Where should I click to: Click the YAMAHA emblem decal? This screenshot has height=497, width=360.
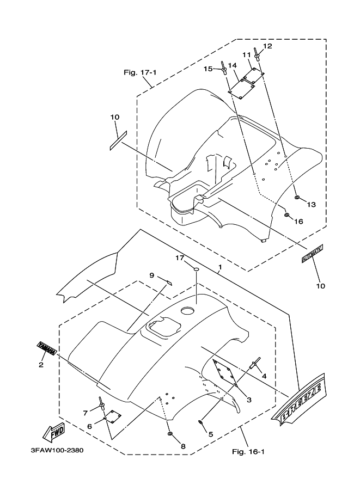coord(46,348)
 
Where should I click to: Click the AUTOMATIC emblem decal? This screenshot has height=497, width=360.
coord(313,254)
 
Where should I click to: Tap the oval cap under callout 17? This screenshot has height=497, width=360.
coord(195,269)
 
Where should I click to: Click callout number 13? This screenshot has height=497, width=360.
coord(312,205)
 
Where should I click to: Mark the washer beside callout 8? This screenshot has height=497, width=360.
coord(170,434)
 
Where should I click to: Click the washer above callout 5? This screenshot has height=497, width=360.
coord(202,421)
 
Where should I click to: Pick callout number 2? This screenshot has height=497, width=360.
coord(41,365)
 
